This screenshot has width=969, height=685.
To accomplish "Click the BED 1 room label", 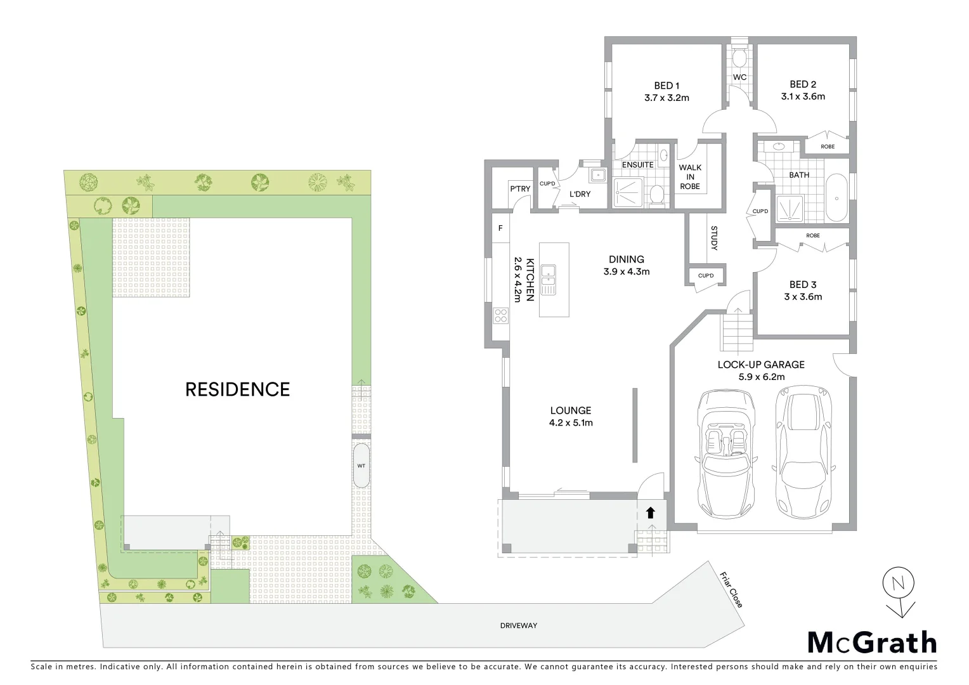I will (x=667, y=86).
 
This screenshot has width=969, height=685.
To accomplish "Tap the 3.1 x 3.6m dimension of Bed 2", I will (x=803, y=96).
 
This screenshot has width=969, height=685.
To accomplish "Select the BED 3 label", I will (x=803, y=284).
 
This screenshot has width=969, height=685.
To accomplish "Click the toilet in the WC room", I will (x=739, y=59).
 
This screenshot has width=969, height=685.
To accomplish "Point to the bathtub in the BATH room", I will (x=837, y=198).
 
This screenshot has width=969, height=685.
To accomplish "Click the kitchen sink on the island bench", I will (x=549, y=280).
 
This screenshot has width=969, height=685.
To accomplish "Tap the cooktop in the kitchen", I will (x=501, y=315).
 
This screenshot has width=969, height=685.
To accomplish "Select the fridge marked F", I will (x=500, y=228).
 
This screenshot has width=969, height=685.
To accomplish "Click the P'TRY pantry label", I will (x=520, y=189).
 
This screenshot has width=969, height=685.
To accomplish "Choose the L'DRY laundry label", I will (x=580, y=194).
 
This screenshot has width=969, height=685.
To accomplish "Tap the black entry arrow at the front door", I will (x=650, y=512).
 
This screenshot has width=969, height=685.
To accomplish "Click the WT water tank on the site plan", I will (x=361, y=466).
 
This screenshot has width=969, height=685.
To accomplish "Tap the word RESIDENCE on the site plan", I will (x=237, y=389).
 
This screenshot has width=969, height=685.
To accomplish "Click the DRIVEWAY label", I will (x=518, y=625).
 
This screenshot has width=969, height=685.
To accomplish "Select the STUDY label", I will (x=714, y=238).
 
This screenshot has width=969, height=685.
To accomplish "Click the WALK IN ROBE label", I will (x=690, y=177).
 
